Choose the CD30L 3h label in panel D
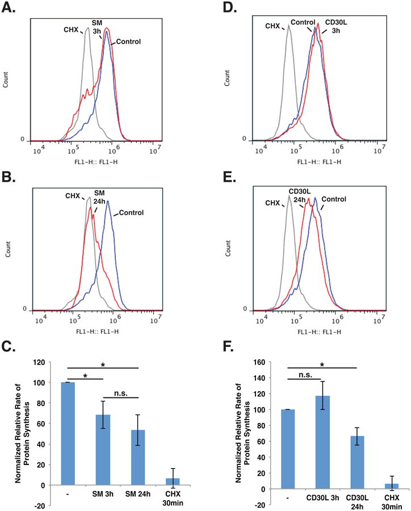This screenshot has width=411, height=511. tap(335, 27)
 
